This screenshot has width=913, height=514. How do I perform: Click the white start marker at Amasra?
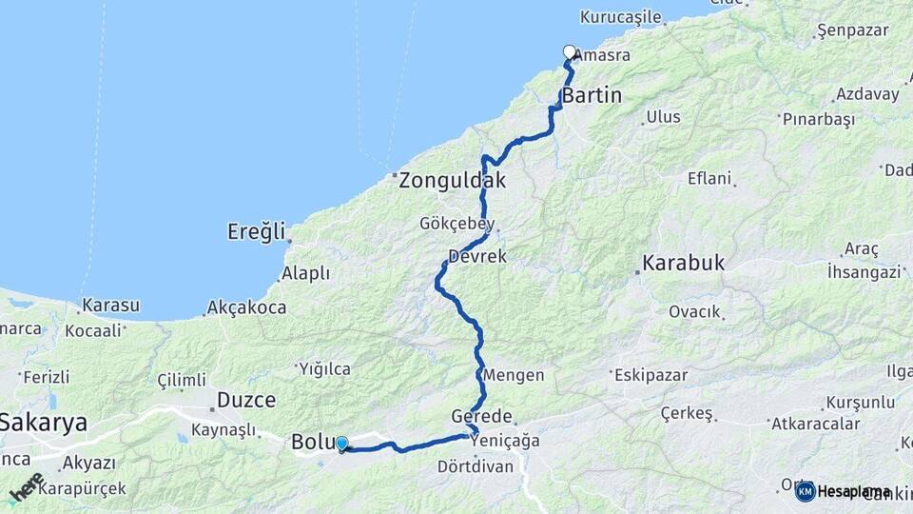(x=569, y=52)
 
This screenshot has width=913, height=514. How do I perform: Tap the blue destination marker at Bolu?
(x=341, y=444)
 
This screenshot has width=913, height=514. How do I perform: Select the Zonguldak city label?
(x=452, y=180)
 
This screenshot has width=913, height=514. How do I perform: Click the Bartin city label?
(x=592, y=95)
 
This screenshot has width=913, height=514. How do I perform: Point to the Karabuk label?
(x=684, y=262)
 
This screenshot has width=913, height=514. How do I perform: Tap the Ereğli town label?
(x=256, y=231)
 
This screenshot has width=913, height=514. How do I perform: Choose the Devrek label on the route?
(x=478, y=257)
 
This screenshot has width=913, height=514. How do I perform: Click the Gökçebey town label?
(x=457, y=223)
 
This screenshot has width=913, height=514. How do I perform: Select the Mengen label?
(x=514, y=375)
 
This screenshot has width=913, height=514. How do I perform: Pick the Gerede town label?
(x=481, y=417)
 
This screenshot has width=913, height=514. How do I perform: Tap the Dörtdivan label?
(x=476, y=466)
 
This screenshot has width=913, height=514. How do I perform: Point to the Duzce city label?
(x=246, y=400)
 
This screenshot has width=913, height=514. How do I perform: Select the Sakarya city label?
(x=44, y=423)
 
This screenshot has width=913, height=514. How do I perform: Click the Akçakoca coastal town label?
(x=245, y=307)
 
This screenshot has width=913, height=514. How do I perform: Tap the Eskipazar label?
(x=651, y=374)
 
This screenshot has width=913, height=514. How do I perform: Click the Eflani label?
(x=709, y=178)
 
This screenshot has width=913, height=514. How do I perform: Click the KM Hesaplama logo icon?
(x=806, y=491)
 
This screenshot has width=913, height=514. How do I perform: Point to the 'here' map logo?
(x=26, y=486)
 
